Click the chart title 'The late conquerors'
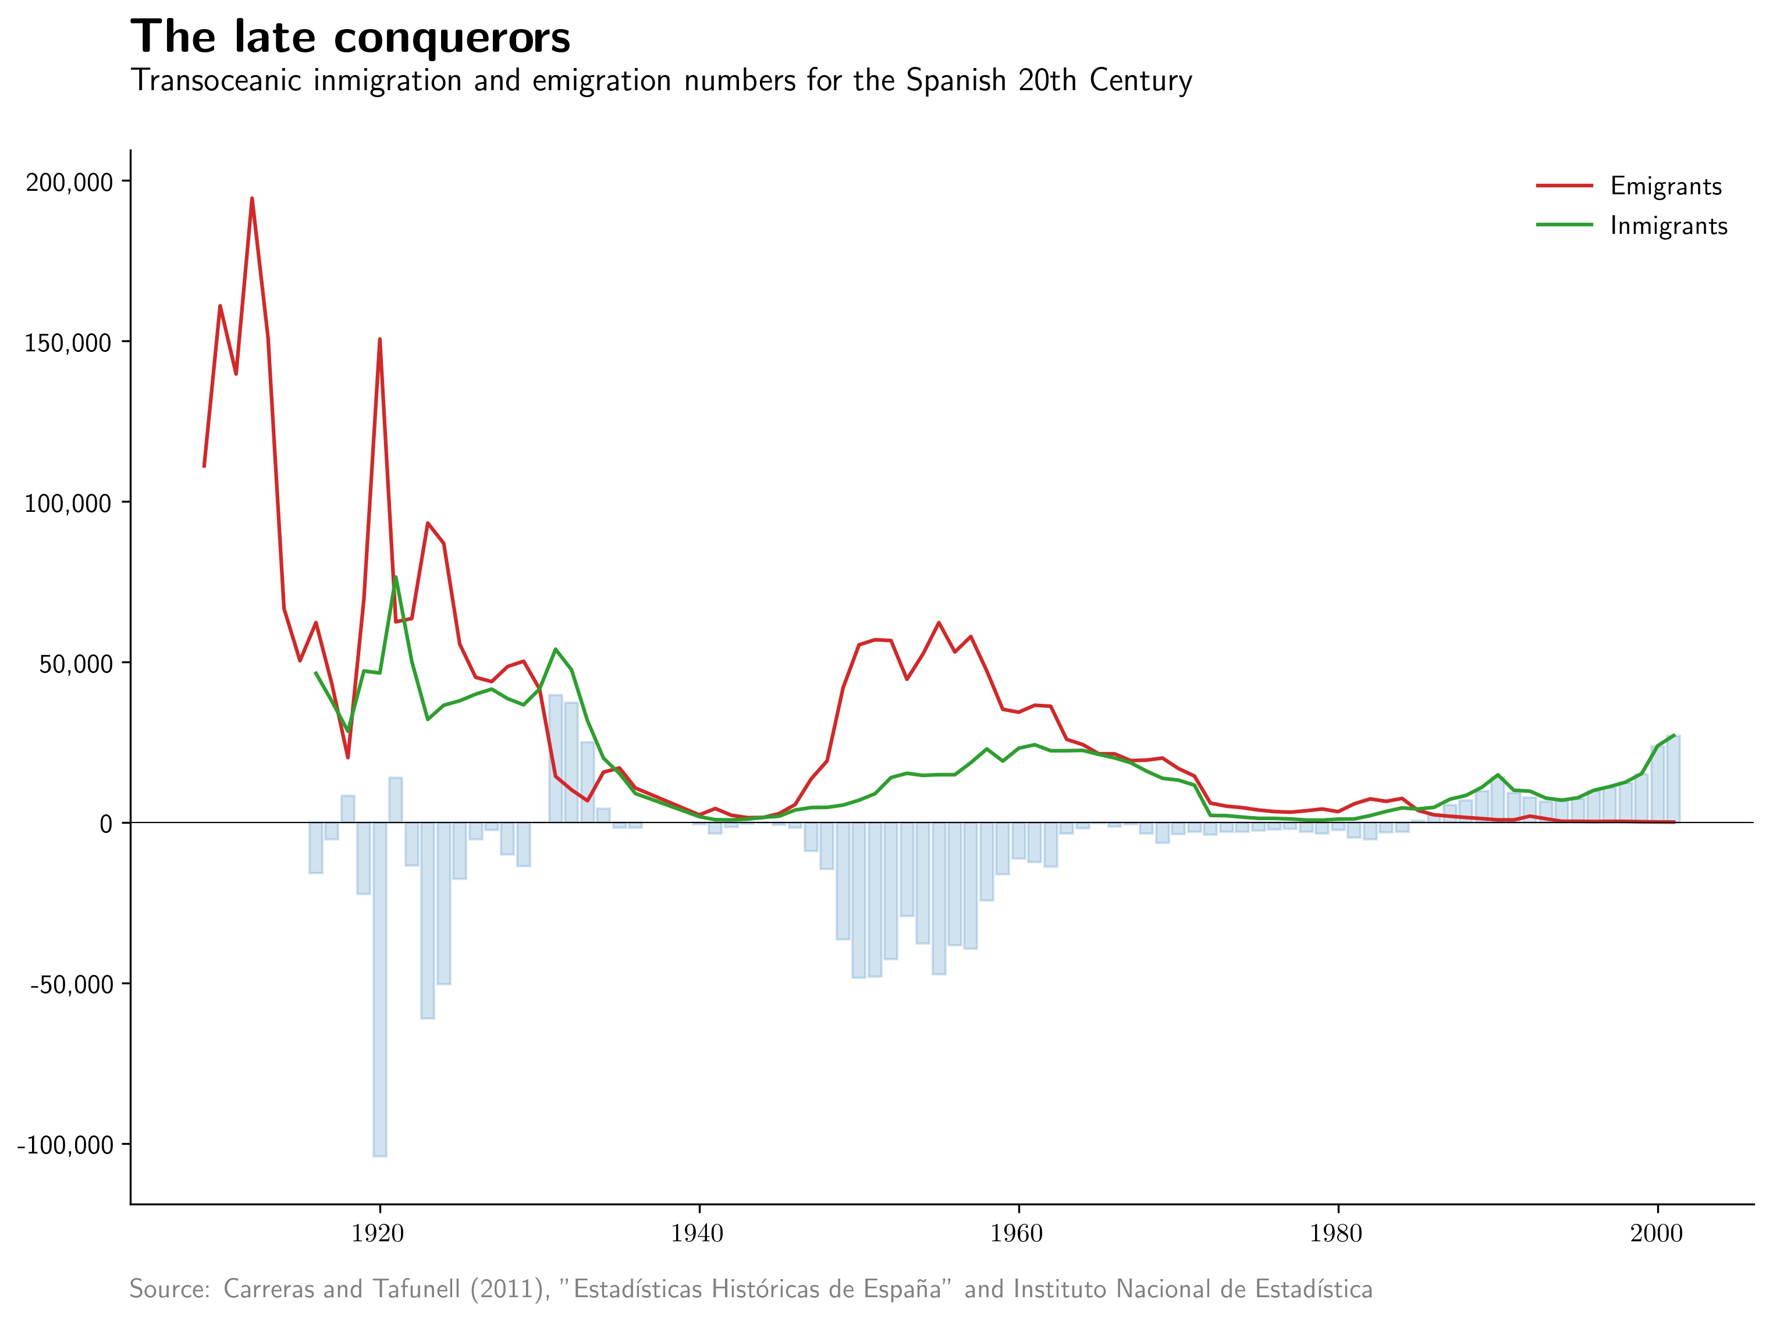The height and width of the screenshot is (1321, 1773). point(350,38)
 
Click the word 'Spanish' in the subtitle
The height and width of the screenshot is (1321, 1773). point(955,81)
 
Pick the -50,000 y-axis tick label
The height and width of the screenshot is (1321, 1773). point(72,984)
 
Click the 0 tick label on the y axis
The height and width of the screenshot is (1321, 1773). point(105,824)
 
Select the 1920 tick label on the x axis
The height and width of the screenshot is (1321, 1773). point(378,1234)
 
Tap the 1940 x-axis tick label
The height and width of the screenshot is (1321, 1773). point(697,1234)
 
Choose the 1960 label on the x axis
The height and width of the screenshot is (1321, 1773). point(1017,1234)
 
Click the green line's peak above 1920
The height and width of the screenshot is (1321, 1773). point(396,578)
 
